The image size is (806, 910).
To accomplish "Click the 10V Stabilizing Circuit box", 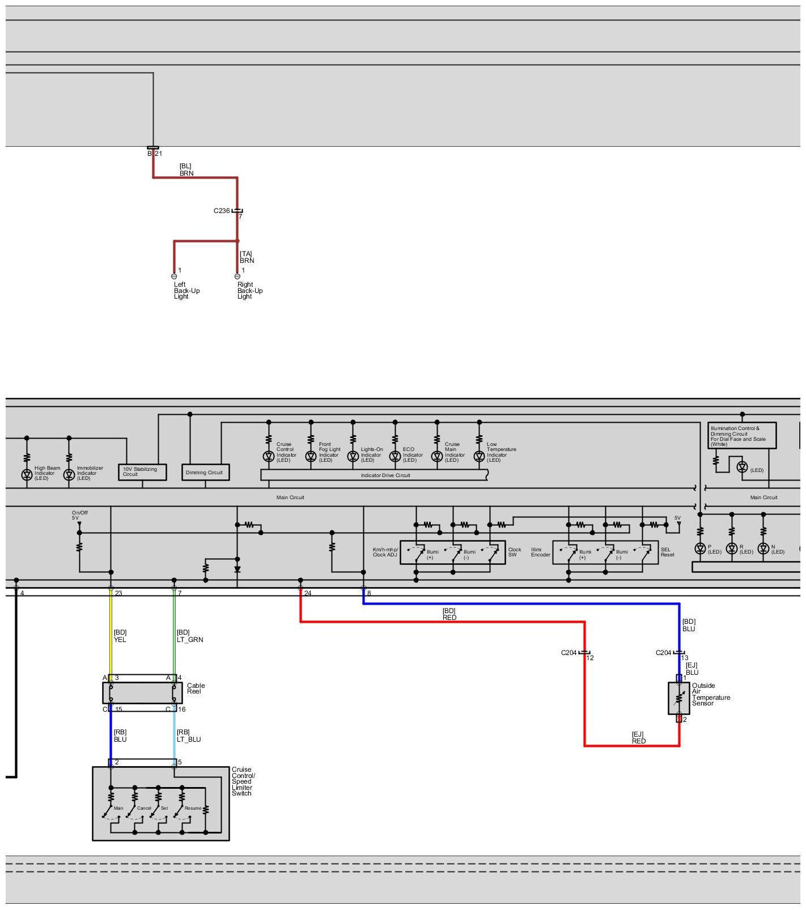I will point(142,472).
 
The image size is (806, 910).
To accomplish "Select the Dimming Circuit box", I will point(205,472).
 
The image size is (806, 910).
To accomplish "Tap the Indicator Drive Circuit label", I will point(385,475).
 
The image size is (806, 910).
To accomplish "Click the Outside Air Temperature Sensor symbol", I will point(678,698).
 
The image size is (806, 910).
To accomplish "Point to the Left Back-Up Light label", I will point(186,291).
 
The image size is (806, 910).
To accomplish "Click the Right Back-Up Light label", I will point(249,291).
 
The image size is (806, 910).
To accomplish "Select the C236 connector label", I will point(222,211).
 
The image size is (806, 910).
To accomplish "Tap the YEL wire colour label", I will point(120,640).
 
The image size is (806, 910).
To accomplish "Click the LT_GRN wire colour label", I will point(190,640).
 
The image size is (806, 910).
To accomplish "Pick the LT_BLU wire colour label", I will point(189,739).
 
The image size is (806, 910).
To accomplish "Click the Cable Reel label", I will point(196,688).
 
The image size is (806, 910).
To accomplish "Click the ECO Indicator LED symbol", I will point(395,456).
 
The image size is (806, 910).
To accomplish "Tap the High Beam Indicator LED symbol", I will point(27,475).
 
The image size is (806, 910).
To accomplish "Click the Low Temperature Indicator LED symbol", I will point(480,456).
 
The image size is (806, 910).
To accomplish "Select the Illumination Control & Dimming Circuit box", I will point(742,436).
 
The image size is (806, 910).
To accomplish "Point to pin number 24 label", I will point(308,593).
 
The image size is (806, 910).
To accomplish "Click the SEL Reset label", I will point(667,552).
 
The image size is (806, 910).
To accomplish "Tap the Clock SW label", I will point(514,552).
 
